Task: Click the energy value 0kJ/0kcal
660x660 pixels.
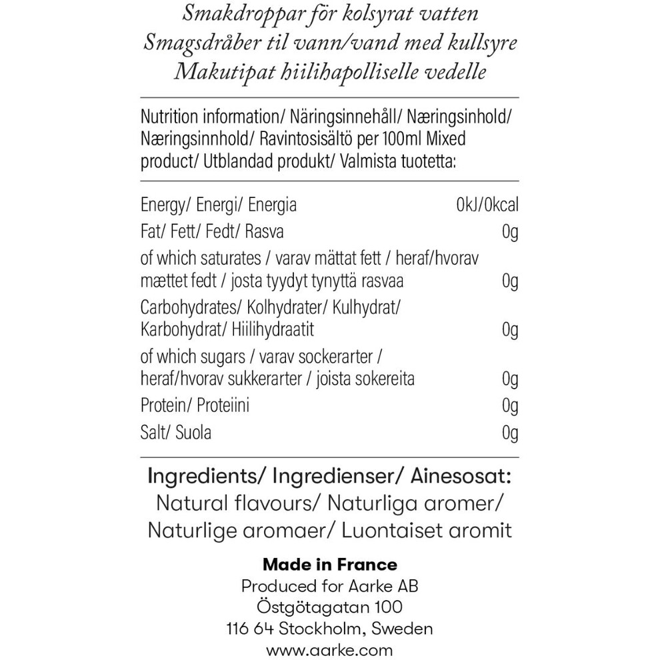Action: pyautogui.click(x=487, y=205)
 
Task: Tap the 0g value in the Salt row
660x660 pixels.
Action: pyautogui.click(x=510, y=433)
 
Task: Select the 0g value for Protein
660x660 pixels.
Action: pyautogui.click(x=510, y=405)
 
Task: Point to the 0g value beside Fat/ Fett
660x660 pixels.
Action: pyautogui.click(x=510, y=232)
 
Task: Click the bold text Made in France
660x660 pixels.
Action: pyautogui.click(x=330, y=565)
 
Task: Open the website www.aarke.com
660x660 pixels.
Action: pyautogui.click(x=330, y=650)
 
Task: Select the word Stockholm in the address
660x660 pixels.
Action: pyautogui.click(x=323, y=629)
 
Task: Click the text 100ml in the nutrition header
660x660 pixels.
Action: pyautogui.click(x=400, y=140)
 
